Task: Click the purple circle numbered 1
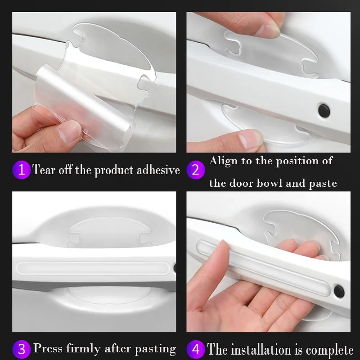pyautogui.click(x=21, y=170)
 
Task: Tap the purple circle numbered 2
pyautogui.click(x=196, y=170)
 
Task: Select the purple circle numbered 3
pyautogui.click(x=21, y=349)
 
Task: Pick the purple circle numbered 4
pyautogui.click(x=196, y=349)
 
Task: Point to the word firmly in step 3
pyautogui.click(x=83, y=349)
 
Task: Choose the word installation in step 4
pyautogui.click(x=261, y=350)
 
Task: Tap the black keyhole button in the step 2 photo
pyautogui.click(x=324, y=110)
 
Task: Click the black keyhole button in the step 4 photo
pyautogui.click(x=339, y=292)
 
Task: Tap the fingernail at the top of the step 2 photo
pyautogui.click(x=268, y=31)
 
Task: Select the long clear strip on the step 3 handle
pyautogui.click(x=93, y=268)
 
